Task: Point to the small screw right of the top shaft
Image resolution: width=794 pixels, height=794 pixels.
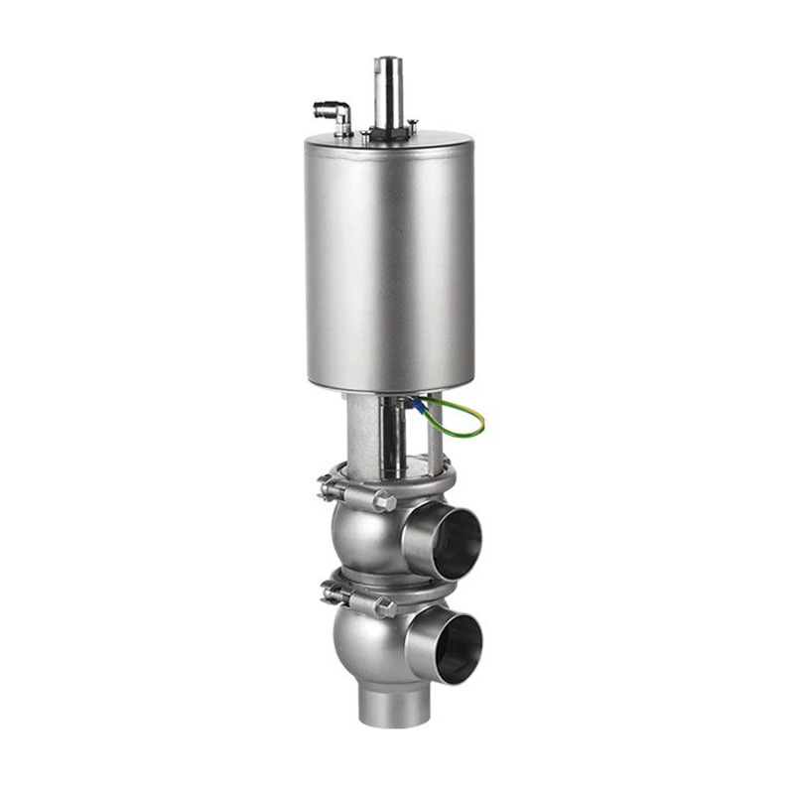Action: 413,125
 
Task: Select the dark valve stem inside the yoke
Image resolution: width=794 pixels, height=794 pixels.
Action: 392,437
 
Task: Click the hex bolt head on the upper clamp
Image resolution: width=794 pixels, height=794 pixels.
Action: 382,501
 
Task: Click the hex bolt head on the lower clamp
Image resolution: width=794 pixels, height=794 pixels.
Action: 382,607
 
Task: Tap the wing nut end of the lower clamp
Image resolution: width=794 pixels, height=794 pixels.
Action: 327,595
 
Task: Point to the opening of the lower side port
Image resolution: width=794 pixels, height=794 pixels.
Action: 458,647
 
